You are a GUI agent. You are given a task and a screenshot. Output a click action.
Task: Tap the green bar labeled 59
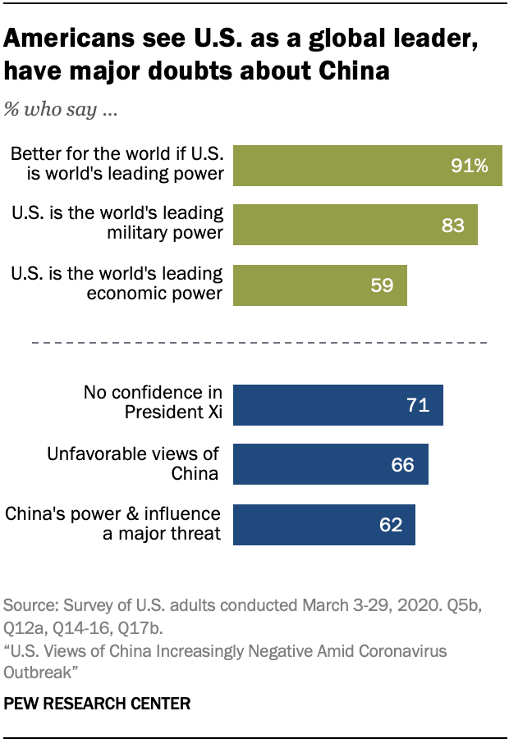tap(320, 285)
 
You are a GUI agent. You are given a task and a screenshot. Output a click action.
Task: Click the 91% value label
tap(469, 166)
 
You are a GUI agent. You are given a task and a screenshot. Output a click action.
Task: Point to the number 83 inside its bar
tap(452, 225)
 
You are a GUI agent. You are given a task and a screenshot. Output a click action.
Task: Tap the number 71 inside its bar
tap(419, 405)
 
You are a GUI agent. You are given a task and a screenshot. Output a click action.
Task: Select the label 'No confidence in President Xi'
tap(154, 403)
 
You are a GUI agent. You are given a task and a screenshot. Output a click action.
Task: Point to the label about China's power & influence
tap(114, 523)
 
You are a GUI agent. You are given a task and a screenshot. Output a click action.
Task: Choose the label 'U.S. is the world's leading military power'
tap(117, 222)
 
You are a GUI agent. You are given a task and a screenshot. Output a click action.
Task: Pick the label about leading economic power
tap(117, 283)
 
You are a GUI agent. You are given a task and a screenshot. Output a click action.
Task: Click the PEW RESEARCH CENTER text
tap(97, 704)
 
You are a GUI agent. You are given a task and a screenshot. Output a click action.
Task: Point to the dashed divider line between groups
tap(259, 342)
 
